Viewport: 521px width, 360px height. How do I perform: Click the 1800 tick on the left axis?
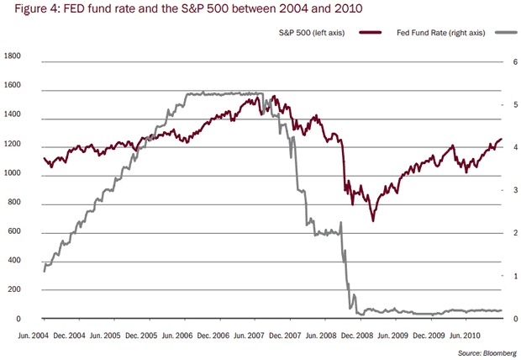(x=14, y=56)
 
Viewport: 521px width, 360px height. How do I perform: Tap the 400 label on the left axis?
(x=17, y=261)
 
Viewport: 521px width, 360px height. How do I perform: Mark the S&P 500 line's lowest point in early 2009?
(x=373, y=220)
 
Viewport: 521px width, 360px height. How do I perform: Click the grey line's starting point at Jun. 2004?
(x=44, y=271)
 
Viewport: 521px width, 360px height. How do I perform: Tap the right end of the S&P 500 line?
(x=501, y=140)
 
